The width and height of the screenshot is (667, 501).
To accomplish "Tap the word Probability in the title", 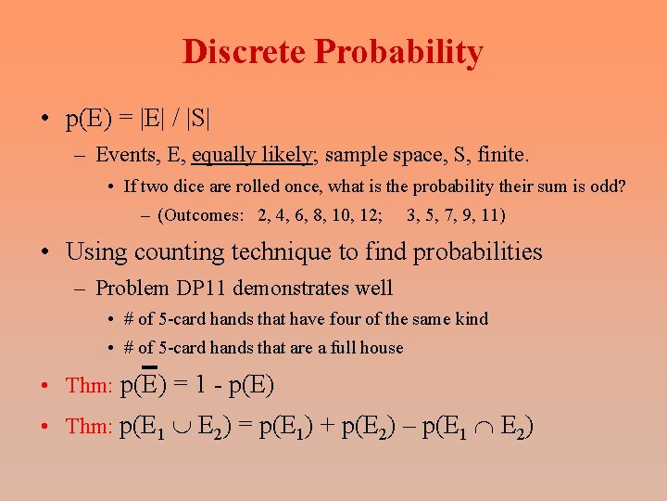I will pyautogui.click(x=398, y=52).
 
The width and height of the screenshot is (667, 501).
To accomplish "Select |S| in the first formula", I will pyautogui.click(x=197, y=119).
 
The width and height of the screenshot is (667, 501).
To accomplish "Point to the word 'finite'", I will pyautogui.click(x=505, y=154).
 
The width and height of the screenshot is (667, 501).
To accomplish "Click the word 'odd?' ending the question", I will pyautogui.click(x=608, y=186).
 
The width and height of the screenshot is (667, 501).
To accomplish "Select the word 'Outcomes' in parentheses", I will pyautogui.click(x=202, y=215).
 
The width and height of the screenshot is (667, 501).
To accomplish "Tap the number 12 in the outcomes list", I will pyautogui.click(x=370, y=215).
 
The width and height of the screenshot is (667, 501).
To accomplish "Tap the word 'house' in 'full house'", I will pyautogui.click(x=382, y=348).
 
